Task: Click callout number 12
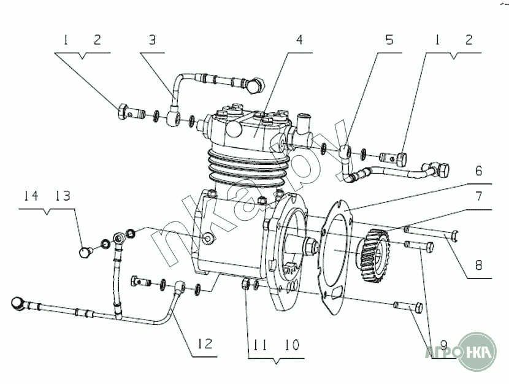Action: [x=205, y=344]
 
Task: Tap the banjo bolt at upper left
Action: [x=126, y=113]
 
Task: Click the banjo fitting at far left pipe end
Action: [x=20, y=303]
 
